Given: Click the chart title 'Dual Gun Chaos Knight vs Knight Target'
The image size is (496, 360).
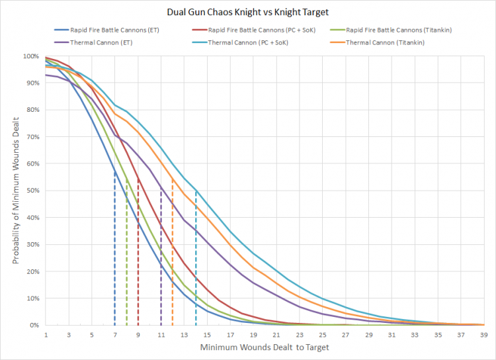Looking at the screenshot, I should click(x=248, y=11).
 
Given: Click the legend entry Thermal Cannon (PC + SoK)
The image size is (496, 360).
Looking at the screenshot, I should click(x=243, y=42).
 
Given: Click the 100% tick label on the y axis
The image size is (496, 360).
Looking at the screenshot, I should click(x=30, y=56).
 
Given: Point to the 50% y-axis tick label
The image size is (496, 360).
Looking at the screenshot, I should click(x=32, y=191).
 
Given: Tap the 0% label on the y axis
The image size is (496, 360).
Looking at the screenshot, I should click(x=34, y=325).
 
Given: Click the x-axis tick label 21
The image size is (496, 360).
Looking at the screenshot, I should click(x=276, y=335).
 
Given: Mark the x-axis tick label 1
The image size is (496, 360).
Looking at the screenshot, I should click(x=46, y=335).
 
